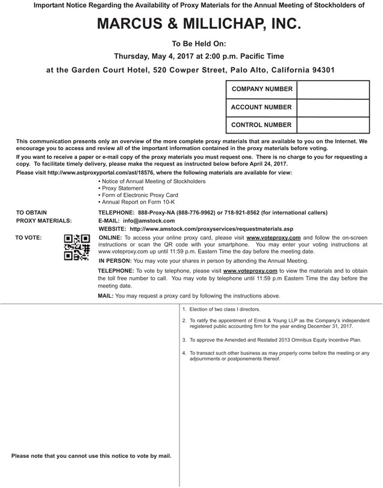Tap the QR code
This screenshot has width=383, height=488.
click(76, 247)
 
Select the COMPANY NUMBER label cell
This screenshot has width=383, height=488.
click(261, 89)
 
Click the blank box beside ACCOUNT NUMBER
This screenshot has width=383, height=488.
click(333, 107)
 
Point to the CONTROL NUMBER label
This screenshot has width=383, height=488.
click(261, 125)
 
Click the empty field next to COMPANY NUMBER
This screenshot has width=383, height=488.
click(333, 89)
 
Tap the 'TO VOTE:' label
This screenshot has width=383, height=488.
click(28, 238)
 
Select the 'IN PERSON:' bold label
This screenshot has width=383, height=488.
click(114, 261)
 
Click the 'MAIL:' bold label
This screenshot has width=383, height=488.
click(105, 296)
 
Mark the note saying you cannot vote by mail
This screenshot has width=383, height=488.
click(92, 455)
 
